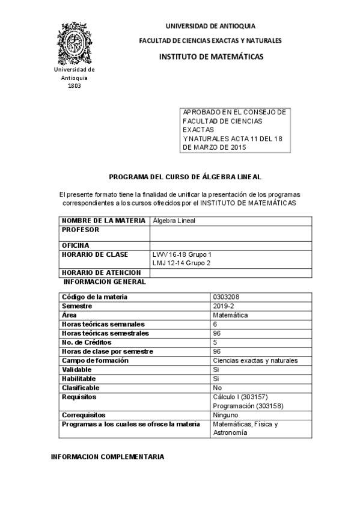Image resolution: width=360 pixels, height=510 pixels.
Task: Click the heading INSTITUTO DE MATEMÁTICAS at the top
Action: point(210,57)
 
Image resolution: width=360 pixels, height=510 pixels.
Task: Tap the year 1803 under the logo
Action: point(75,85)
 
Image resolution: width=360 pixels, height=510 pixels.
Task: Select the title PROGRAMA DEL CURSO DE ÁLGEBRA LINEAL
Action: point(185,177)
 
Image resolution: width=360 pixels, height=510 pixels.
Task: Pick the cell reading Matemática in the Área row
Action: point(231,315)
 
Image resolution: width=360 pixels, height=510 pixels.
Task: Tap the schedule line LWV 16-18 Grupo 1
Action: point(182,254)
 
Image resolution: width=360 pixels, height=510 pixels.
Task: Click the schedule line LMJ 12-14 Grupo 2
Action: point(182,263)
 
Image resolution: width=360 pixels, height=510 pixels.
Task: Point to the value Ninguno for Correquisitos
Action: point(225,415)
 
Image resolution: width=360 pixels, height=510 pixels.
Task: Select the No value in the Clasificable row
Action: point(218,388)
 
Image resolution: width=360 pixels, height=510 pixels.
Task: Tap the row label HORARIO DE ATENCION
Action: point(101,272)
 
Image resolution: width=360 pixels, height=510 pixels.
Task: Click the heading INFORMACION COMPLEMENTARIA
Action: point(108,457)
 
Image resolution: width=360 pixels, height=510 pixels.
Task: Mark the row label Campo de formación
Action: point(96,361)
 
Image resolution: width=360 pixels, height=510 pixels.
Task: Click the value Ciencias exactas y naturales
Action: point(255,361)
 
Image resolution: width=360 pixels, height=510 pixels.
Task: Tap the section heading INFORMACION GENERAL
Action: point(105,281)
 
